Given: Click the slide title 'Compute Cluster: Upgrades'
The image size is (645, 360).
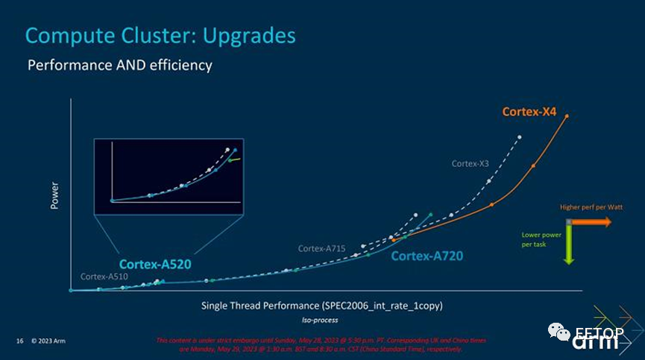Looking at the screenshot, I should tap(160, 35).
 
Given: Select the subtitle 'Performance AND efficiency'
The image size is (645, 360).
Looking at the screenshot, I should tap(120, 66).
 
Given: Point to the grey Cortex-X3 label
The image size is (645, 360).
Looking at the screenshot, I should tap(470, 162).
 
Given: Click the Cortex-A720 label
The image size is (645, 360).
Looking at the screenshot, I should tap(427, 256).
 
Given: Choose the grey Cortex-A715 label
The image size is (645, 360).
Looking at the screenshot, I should tap(321, 248).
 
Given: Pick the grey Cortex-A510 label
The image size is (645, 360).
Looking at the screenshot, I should tap(104, 277).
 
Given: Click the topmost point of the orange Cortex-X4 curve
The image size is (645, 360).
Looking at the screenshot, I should tap(567, 116).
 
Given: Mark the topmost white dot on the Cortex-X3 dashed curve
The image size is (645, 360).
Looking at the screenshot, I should tap(520, 137).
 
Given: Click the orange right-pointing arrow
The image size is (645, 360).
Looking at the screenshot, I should tap(593, 222).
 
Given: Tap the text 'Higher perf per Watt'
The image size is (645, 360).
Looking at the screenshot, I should tap(585, 207).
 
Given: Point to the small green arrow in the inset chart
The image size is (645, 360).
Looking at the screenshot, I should tap(234, 159).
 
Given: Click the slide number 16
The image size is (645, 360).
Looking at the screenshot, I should tap(20, 341).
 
